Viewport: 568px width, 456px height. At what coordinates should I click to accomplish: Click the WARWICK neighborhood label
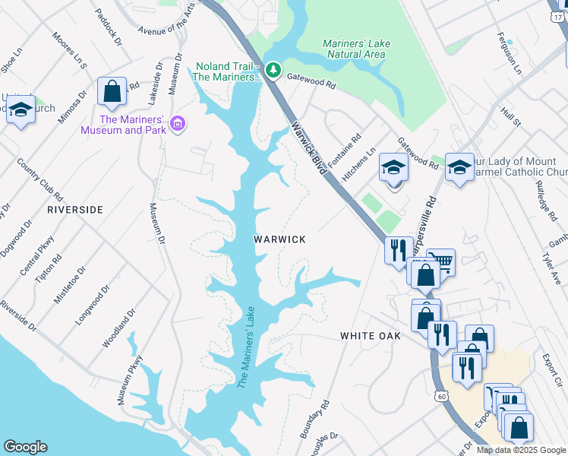pos(279,239)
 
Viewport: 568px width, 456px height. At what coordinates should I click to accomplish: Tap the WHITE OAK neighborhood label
pos(370,335)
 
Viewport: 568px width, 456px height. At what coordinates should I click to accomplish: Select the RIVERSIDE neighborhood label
pos(74,209)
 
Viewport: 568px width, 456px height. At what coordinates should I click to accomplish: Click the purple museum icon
pos(178,123)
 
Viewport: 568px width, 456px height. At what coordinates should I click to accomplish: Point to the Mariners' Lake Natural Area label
pos(356,49)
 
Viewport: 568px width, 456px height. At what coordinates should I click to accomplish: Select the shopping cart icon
pos(440,261)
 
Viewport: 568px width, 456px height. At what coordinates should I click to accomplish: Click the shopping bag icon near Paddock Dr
pos(112,91)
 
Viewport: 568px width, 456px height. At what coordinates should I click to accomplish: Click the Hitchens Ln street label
pos(359,164)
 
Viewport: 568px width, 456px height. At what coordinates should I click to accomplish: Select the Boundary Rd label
pos(315,419)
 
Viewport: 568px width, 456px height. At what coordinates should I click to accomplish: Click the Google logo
pos(25,447)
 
